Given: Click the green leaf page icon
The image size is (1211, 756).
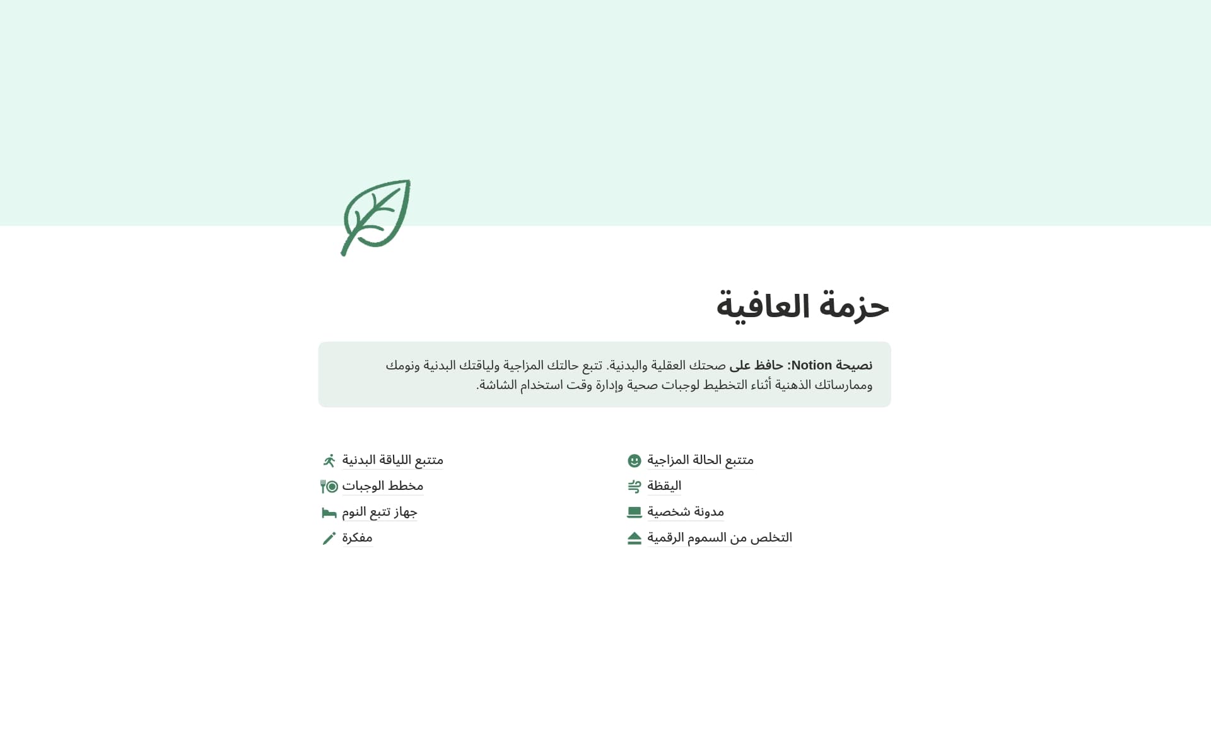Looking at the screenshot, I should (x=376, y=218).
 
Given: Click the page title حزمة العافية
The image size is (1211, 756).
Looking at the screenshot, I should (x=802, y=306).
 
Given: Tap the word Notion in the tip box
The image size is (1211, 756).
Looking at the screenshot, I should (x=811, y=365).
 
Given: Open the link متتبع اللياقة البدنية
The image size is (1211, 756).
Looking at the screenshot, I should (x=392, y=460).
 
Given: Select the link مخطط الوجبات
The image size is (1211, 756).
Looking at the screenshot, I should (x=382, y=486).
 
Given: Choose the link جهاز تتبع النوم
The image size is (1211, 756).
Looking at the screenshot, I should (x=379, y=512).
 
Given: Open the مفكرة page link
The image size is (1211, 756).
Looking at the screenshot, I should (x=357, y=538).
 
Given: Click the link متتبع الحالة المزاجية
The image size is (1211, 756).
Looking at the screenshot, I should (x=700, y=460).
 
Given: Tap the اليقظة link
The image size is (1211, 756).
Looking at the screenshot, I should (x=664, y=486).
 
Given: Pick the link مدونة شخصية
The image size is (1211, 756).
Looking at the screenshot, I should (x=685, y=512).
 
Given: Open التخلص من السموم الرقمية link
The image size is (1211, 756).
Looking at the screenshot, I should (x=719, y=538).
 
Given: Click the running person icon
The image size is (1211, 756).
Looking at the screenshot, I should (x=329, y=460).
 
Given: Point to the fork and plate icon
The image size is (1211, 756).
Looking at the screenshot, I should (x=329, y=486).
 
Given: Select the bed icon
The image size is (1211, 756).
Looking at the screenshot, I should (x=329, y=513).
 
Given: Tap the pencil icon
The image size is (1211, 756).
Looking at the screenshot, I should (x=329, y=538).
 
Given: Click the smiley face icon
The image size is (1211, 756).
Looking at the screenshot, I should (x=635, y=461).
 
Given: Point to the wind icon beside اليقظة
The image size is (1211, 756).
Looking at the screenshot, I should (x=635, y=486).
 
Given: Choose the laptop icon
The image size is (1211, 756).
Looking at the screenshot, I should (x=635, y=513).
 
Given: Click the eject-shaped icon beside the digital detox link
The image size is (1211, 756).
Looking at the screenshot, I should (x=635, y=538).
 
